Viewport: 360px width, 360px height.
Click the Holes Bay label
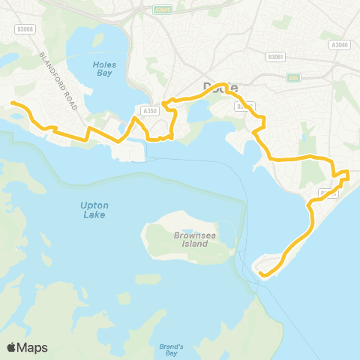[105, 69]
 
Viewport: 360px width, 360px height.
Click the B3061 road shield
[276, 55]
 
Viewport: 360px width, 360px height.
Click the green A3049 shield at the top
[161, 10]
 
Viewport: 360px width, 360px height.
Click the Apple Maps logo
[28, 347]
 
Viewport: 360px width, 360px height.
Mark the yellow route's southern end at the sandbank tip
[261, 275]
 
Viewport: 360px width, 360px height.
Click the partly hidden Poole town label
[220, 88]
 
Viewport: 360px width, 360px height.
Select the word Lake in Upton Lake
[94, 215]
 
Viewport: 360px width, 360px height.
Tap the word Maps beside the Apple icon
[33, 347]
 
